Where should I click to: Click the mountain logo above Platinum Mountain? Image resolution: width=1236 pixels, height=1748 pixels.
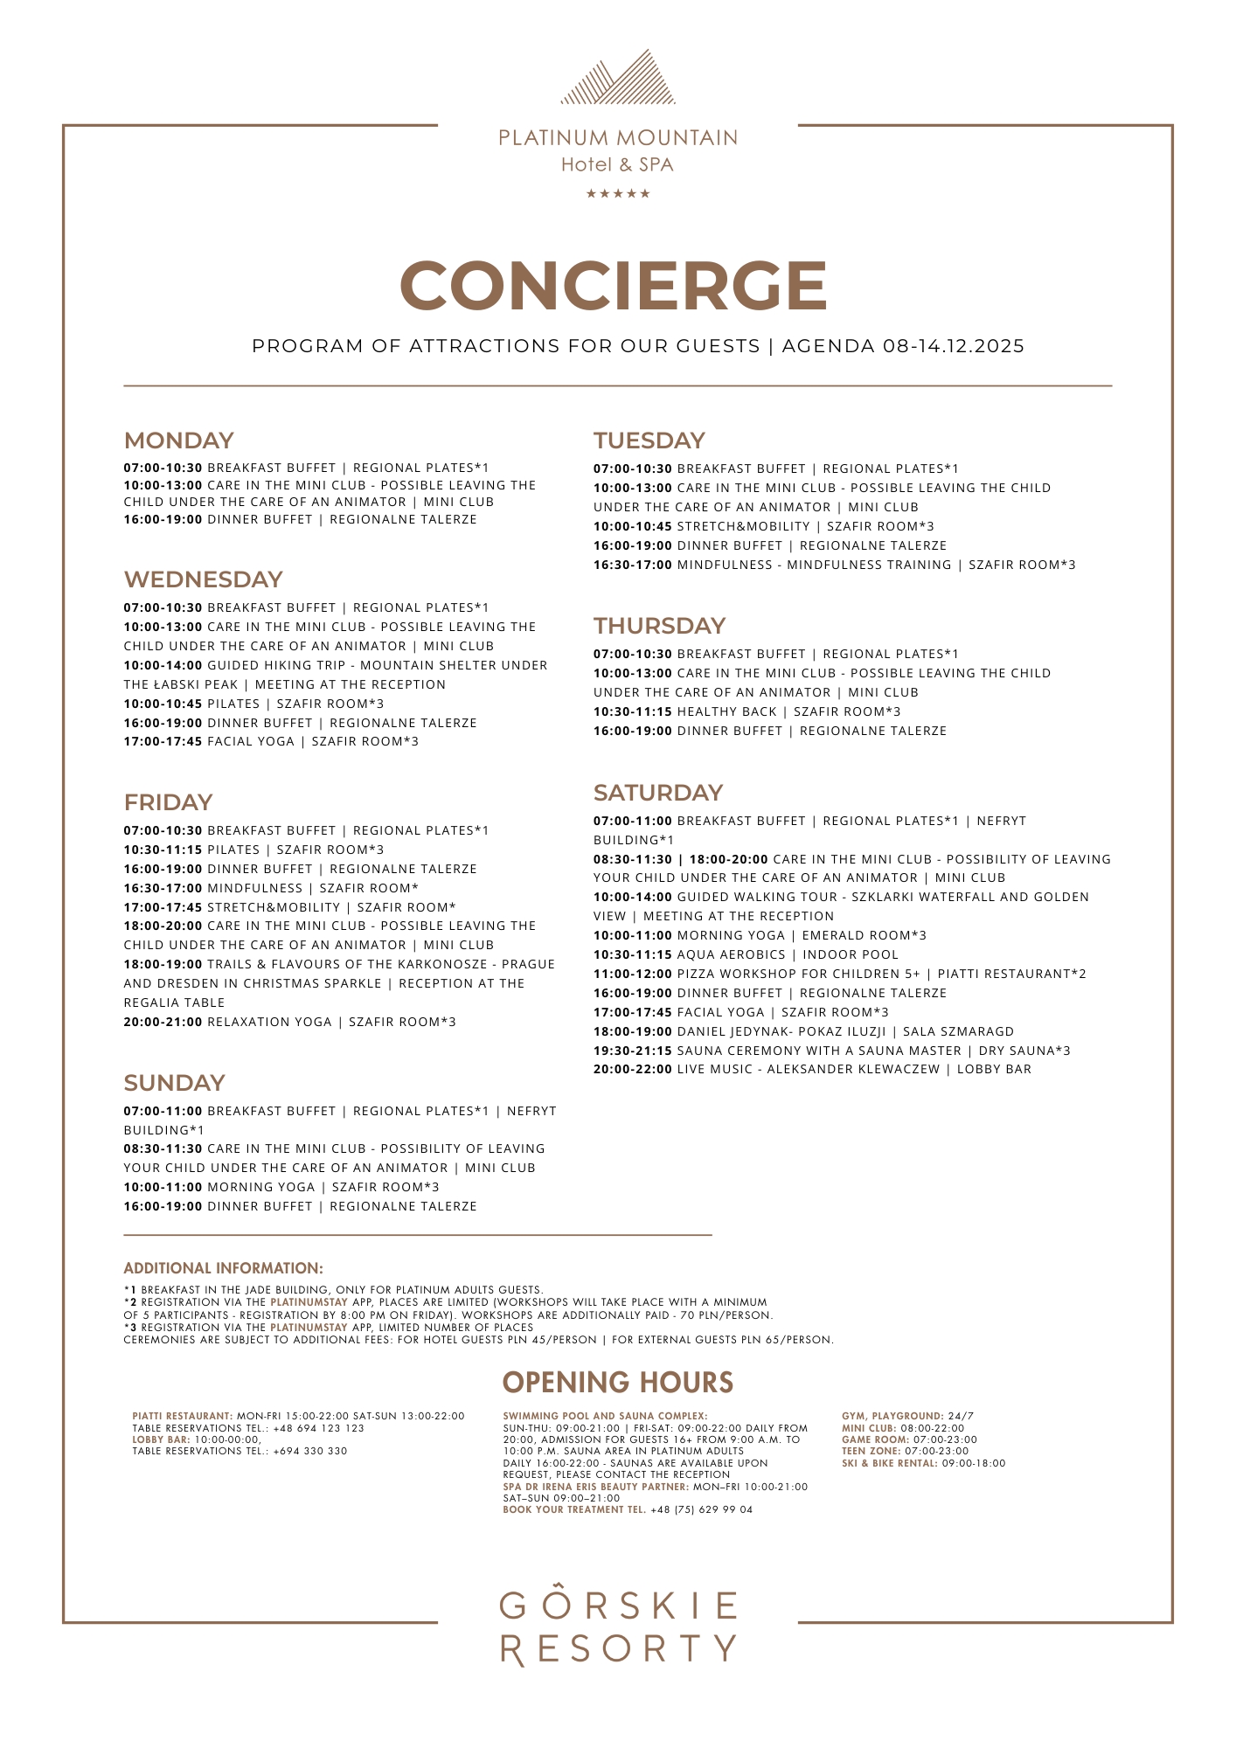618,78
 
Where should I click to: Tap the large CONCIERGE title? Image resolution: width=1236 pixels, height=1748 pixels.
614,285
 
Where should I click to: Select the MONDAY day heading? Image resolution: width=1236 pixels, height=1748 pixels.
178,440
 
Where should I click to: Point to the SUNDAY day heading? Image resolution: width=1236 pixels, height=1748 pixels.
174,1083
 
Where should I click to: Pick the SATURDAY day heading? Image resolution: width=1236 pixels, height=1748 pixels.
657,793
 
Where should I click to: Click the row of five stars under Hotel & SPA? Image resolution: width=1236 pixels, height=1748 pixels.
618,194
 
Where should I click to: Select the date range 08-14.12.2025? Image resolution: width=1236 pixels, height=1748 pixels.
953,346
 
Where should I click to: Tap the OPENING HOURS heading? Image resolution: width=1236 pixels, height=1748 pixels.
617,1383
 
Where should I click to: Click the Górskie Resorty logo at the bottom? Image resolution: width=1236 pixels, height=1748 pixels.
618,1627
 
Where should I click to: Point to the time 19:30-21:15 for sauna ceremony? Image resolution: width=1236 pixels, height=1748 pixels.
632,1051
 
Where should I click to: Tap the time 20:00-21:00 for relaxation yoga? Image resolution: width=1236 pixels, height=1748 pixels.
163,1022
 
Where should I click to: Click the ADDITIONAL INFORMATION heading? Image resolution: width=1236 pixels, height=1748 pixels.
223,1268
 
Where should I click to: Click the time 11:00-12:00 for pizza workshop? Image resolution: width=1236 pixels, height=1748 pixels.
632,974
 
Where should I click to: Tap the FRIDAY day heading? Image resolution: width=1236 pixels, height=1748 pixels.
168,802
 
